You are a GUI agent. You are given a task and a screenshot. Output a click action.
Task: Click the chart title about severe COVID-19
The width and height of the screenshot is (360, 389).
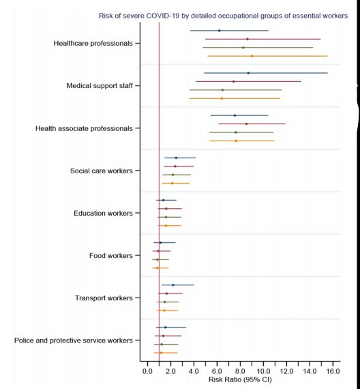223,16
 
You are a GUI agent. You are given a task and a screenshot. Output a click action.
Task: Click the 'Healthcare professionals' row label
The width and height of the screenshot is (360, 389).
93,44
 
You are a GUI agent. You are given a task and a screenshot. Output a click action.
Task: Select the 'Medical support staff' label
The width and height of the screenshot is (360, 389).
100,86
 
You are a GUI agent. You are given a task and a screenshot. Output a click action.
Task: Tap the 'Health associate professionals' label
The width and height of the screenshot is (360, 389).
84,128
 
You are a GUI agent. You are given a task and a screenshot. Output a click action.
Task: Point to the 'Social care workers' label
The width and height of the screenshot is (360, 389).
102,171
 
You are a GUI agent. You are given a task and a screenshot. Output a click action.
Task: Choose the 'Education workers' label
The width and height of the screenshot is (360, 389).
103,214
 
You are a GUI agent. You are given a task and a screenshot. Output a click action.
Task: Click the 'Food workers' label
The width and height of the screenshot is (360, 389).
111,256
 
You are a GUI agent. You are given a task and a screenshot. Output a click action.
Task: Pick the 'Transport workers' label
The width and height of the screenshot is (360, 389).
104,298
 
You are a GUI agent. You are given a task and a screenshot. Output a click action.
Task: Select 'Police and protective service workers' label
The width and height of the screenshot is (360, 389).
74,341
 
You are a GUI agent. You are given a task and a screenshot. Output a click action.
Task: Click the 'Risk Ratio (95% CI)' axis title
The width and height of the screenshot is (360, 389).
240,379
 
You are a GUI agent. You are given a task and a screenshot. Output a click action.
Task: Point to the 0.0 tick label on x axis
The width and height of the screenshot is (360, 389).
147,371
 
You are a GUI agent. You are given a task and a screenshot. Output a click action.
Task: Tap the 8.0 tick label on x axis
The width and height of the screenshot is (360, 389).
240,371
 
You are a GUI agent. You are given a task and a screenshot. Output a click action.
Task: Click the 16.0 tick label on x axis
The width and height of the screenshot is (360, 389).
333,371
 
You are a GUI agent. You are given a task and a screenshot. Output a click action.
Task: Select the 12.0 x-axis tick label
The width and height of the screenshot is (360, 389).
286,371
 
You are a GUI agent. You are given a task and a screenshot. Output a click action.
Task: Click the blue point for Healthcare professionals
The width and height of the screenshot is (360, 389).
219,31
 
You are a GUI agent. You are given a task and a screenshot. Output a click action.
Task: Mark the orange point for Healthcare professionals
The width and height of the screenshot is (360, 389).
252,56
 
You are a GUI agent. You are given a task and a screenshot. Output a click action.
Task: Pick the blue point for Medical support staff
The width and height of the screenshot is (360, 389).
248,73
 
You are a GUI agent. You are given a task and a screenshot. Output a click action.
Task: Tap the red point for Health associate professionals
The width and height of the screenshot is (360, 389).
246,124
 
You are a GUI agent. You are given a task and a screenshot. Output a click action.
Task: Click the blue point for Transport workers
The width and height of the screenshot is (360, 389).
173,285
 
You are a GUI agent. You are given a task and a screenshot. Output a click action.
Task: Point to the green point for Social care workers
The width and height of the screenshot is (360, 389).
172,175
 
